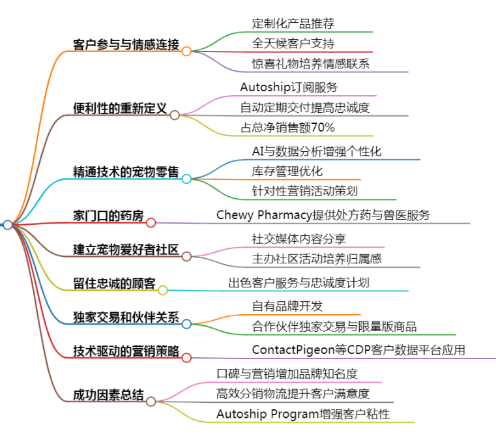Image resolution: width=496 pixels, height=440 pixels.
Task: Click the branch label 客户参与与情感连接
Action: tap(126, 44)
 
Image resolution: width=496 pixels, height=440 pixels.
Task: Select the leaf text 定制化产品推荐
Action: tap(293, 23)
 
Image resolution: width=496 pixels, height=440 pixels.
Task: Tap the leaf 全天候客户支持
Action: tap(293, 43)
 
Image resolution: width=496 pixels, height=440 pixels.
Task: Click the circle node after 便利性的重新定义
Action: tap(175, 115)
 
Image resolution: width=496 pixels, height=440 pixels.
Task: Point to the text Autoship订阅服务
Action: tap(289, 87)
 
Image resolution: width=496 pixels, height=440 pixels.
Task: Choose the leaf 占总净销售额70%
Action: tap(287, 127)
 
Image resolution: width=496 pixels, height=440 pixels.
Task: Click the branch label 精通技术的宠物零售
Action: tap(126, 171)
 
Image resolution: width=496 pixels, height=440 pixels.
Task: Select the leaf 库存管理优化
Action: tap(287, 171)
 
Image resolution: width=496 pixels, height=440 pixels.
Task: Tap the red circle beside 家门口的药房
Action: tap(151, 223)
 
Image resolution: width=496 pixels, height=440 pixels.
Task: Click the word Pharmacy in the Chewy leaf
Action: tap(285, 215)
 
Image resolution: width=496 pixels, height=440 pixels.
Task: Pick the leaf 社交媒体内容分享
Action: tap(299, 239)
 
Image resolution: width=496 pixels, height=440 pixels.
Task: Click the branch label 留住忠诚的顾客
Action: tap(114, 283)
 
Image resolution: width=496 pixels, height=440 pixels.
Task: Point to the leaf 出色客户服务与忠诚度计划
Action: tap(299, 282)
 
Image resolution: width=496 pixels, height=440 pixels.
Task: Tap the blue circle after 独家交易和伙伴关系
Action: tap(186, 324)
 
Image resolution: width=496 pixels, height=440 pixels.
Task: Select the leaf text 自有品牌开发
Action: tap(287, 306)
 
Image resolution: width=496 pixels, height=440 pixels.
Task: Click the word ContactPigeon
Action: tap(293, 350)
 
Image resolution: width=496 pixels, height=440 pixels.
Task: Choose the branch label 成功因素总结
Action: tap(108, 395)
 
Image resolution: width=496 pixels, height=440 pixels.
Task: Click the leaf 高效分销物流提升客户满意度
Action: tap(293, 394)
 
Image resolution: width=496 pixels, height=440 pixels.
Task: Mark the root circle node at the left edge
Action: tap(8, 225)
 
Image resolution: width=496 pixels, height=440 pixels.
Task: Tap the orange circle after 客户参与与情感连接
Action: tap(186, 51)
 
